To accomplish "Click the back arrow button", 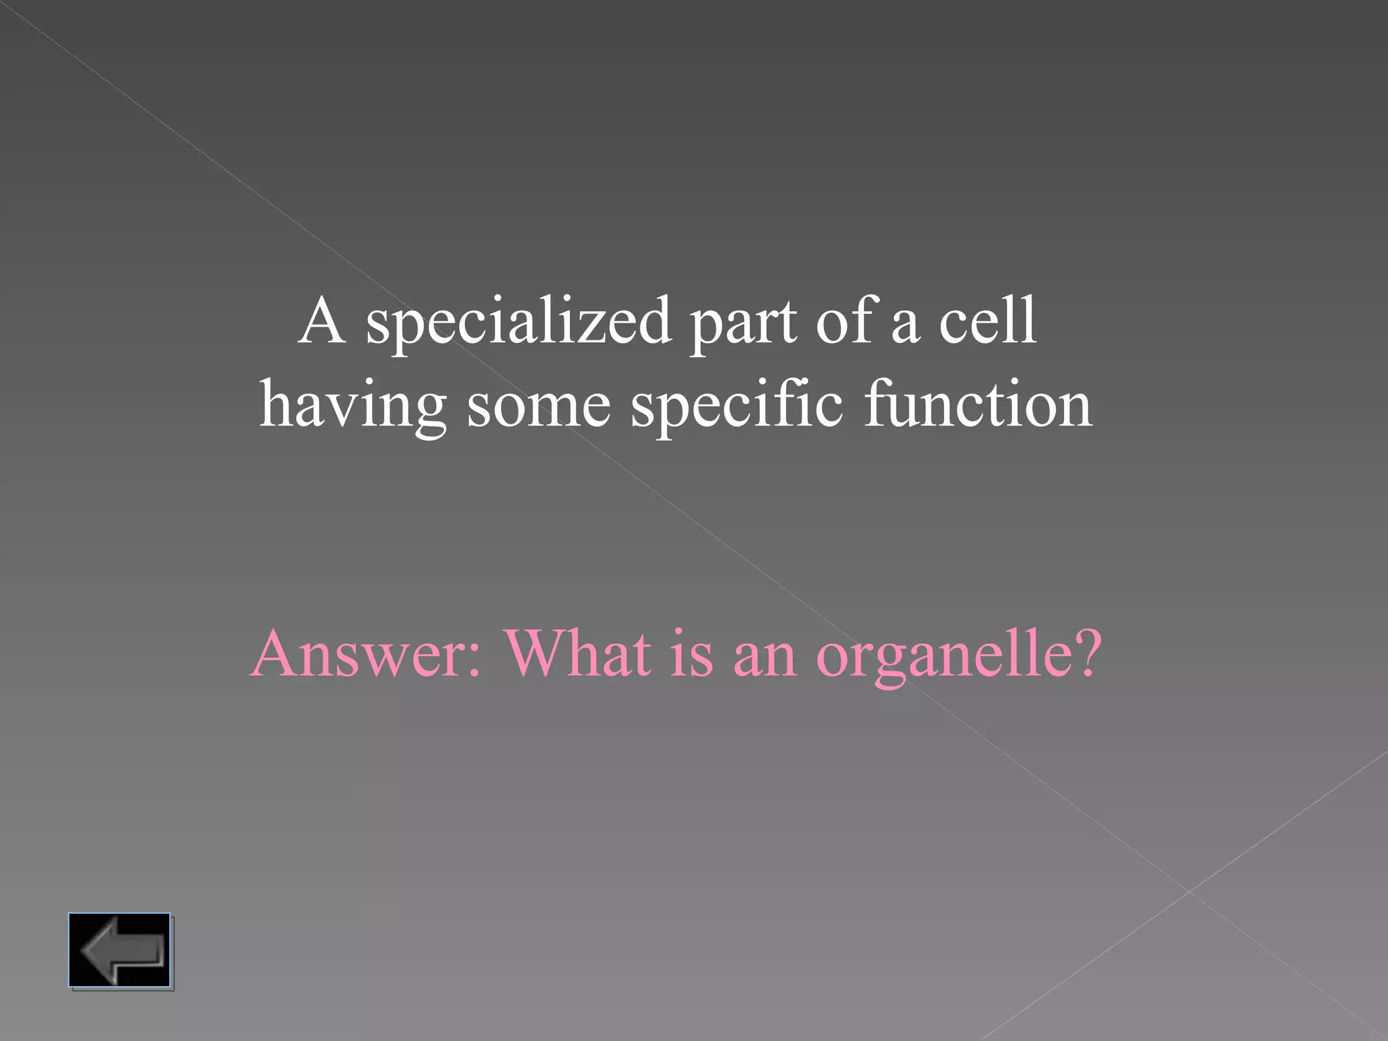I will [119, 950].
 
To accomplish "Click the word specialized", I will [518, 322].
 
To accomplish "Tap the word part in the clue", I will [743, 323].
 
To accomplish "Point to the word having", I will [352, 405].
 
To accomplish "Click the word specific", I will [737, 405].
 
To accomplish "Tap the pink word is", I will [692, 655].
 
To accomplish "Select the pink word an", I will [764, 657].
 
